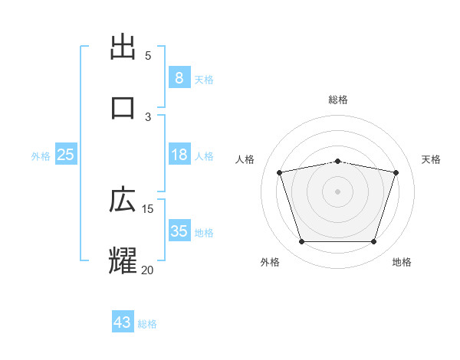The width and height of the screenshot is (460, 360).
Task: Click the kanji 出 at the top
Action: click(x=123, y=48)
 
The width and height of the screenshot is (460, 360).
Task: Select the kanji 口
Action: click(x=123, y=107)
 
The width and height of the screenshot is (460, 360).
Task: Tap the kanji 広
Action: click(x=123, y=201)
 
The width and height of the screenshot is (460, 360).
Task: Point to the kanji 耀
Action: click(x=123, y=260)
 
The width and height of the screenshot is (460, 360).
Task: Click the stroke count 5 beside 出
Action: click(x=148, y=56)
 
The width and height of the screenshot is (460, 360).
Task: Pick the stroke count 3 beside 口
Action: click(x=148, y=116)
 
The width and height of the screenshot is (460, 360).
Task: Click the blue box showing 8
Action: click(x=179, y=78)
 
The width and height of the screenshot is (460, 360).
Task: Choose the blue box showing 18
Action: click(x=179, y=155)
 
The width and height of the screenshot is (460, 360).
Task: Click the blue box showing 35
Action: click(x=179, y=232)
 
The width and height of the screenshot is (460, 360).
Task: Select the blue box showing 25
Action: click(x=66, y=155)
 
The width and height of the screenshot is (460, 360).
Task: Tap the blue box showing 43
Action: click(x=123, y=323)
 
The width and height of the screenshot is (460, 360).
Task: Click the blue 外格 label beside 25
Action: click(x=41, y=156)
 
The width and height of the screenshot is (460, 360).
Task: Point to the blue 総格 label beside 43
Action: click(x=147, y=324)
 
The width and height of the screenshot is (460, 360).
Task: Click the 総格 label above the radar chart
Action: click(x=338, y=100)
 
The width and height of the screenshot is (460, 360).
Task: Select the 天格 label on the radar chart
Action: click(x=432, y=159)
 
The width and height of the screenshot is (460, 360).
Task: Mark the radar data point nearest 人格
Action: click(x=280, y=173)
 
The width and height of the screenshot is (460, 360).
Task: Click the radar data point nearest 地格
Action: click(x=373, y=242)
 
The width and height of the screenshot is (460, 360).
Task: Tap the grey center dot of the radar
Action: click(x=338, y=191)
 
